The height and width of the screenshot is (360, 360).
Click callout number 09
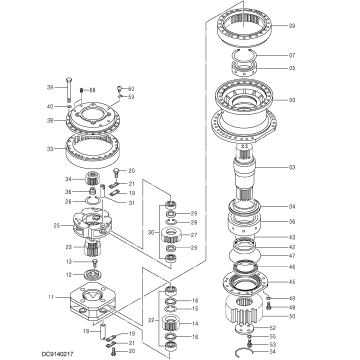pos(292,25)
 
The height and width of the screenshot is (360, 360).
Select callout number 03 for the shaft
pos(292,167)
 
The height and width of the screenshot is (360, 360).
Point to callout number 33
pos(49,149)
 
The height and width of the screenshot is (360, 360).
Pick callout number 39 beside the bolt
pos(49,88)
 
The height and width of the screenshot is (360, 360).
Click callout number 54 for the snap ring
pos(272,351)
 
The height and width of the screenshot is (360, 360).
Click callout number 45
pos(292,282)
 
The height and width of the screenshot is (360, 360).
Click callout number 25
pos(57,226)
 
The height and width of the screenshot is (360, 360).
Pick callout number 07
pos(292,55)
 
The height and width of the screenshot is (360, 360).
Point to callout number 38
pos(49,120)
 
